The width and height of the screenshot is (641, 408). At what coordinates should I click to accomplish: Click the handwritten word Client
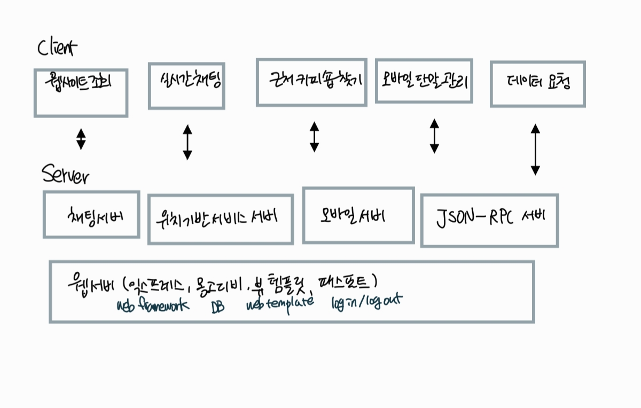[x=57, y=48]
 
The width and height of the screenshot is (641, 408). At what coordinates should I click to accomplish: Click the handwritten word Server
[x=65, y=175]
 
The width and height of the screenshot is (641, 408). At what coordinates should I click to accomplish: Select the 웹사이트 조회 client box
[x=81, y=92]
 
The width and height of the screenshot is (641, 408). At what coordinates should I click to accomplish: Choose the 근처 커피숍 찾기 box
[x=312, y=82]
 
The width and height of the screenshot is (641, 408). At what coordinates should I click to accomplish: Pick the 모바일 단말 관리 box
[x=424, y=80]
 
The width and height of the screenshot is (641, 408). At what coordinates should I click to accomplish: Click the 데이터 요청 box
[x=537, y=84]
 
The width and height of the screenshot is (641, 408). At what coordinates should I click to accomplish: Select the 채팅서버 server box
[x=91, y=214]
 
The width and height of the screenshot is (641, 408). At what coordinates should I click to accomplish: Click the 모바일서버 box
[x=358, y=215]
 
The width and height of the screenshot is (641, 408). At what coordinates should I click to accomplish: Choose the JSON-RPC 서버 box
[x=489, y=220]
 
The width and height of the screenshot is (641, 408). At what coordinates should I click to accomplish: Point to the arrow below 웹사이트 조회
[x=81, y=138]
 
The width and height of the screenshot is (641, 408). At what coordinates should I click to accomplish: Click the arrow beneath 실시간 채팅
[x=187, y=142]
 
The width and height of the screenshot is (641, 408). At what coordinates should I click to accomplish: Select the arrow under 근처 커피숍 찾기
[x=314, y=137]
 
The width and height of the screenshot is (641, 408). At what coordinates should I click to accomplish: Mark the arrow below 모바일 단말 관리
[x=434, y=136]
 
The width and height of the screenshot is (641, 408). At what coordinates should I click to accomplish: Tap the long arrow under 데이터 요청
[x=535, y=150]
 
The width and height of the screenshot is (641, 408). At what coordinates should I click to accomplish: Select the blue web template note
[x=280, y=304]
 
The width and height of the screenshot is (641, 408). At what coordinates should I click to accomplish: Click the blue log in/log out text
[x=366, y=302]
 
